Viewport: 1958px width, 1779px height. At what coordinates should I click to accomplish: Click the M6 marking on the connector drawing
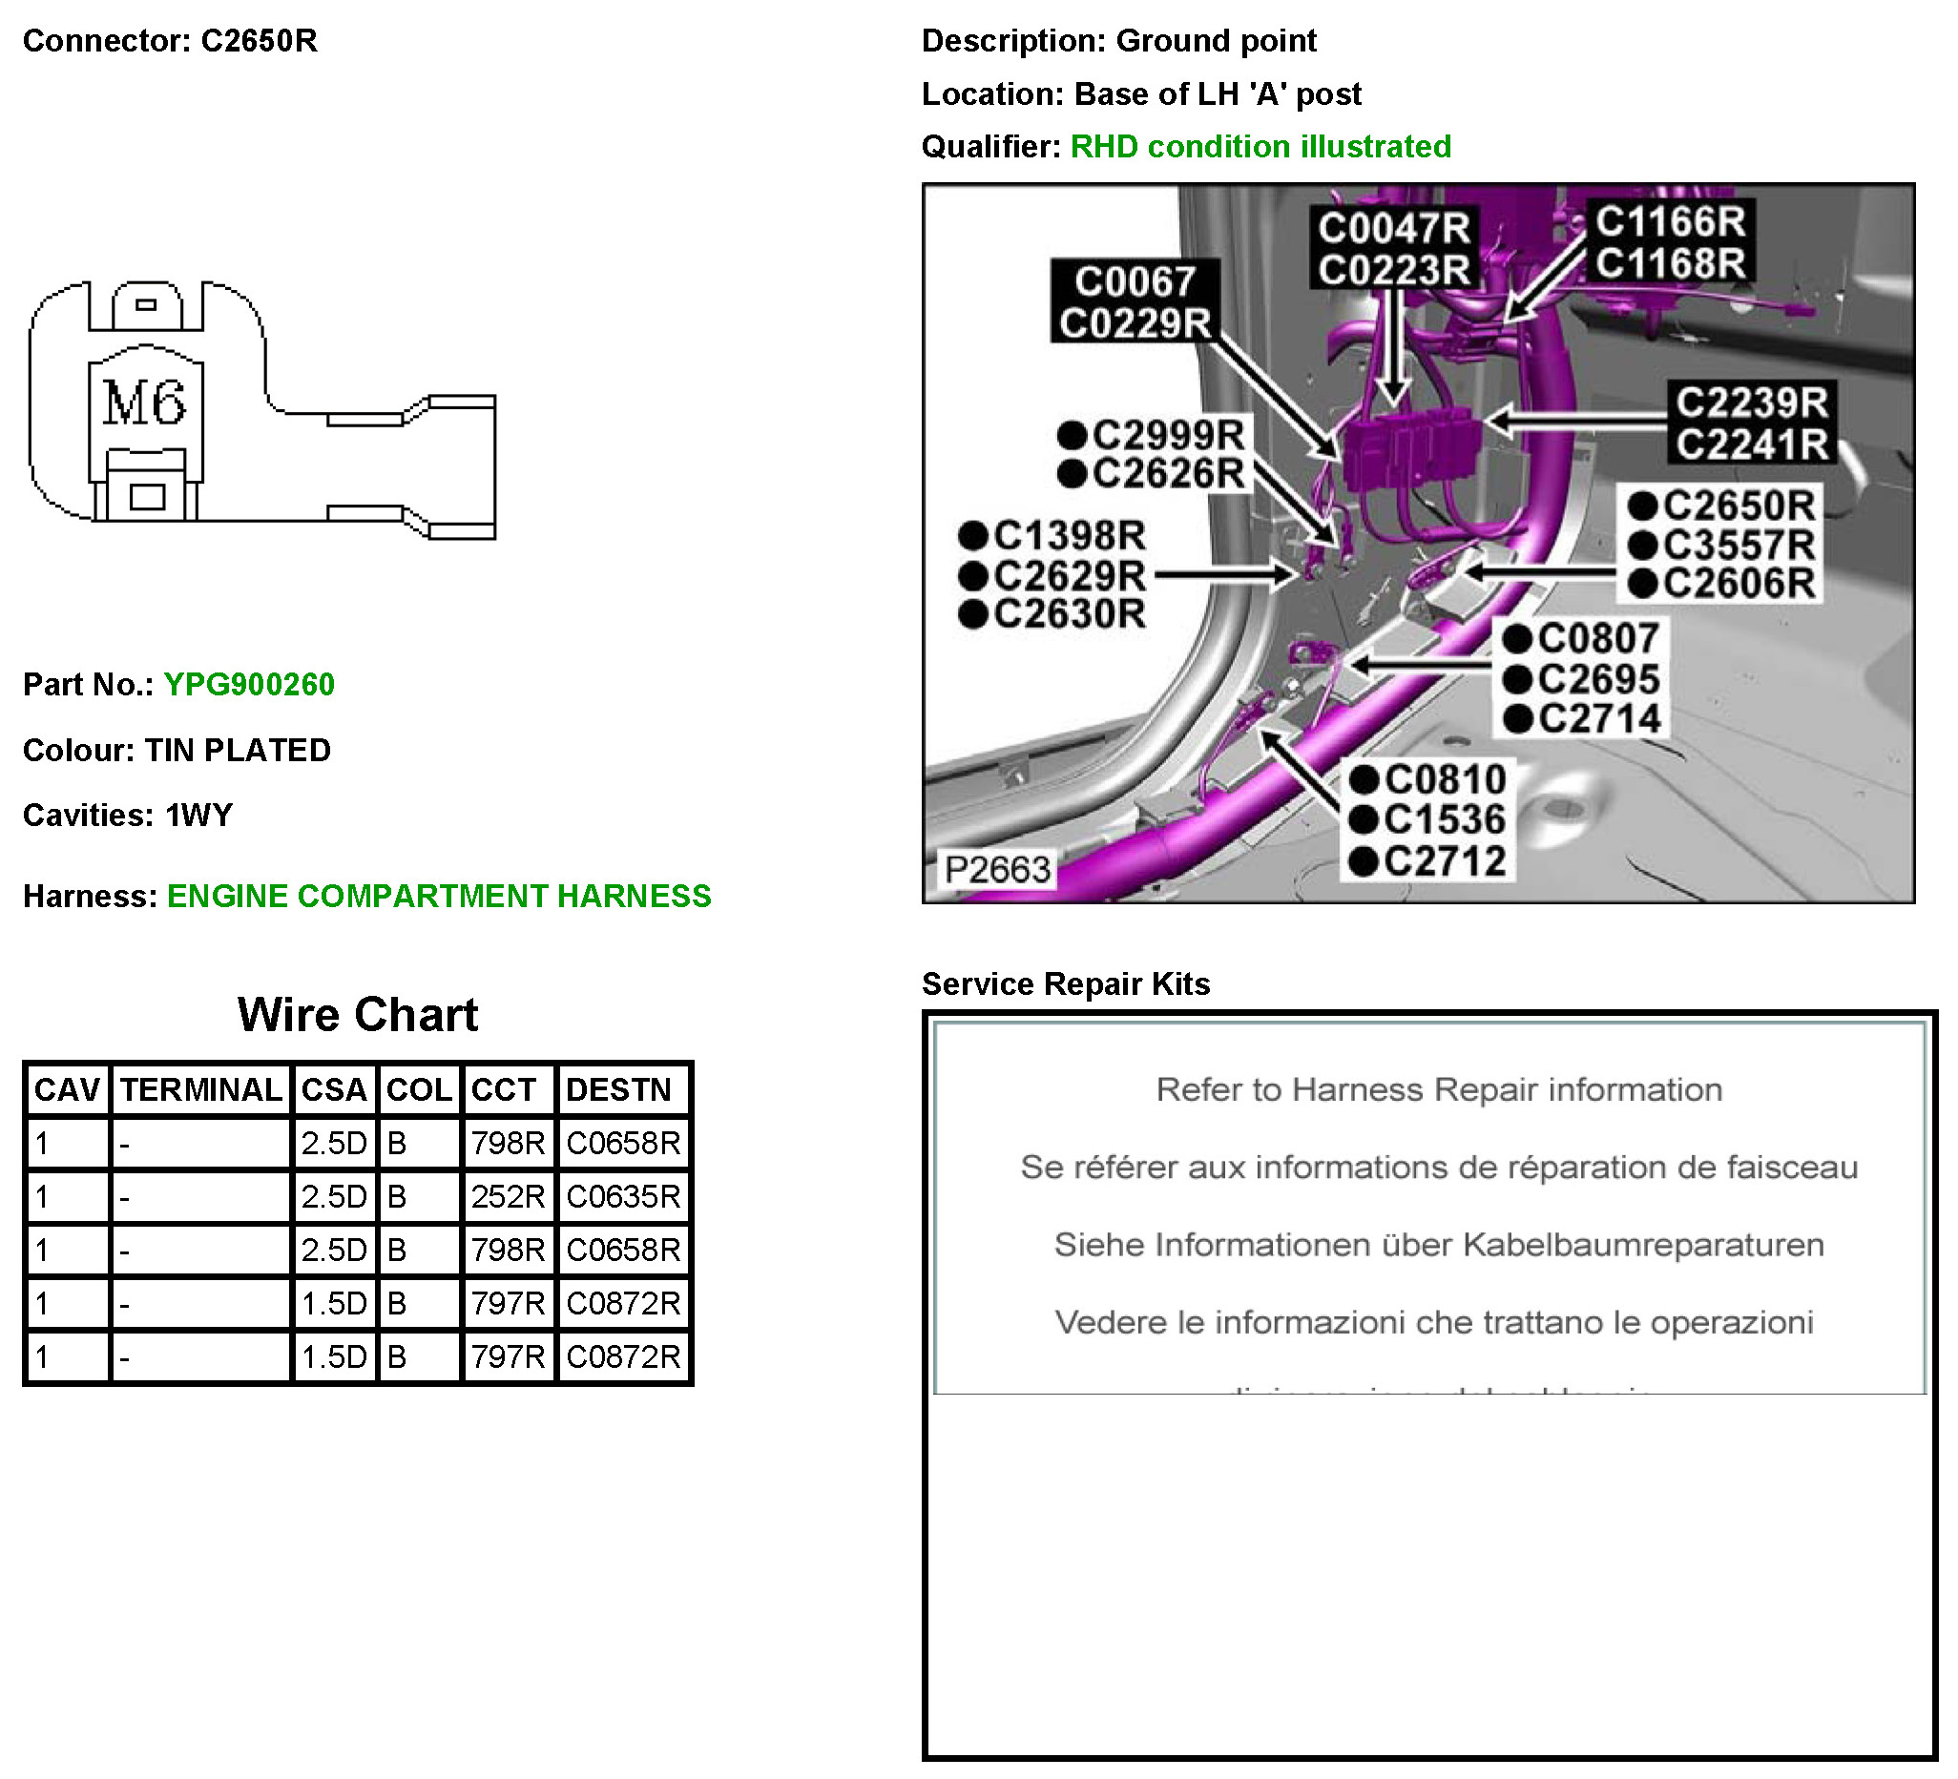[x=144, y=403]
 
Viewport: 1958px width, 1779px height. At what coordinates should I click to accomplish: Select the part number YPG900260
[x=249, y=685]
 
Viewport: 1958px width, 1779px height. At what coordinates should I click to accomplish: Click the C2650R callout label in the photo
[x=1738, y=505]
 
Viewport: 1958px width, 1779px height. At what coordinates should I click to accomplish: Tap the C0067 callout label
[x=1135, y=281]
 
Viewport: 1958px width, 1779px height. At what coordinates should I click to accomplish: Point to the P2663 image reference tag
[x=997, y=869]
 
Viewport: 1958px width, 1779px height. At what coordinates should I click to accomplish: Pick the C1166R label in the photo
[x=1670, y=221]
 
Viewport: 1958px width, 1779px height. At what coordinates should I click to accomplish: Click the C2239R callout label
[x=1751, y=402]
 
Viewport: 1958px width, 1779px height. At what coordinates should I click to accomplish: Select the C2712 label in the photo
[x=1445, y=861]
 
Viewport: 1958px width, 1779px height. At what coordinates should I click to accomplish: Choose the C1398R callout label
[x=1069, y=535]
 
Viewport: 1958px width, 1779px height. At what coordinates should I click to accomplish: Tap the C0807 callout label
[x=1597, y=638]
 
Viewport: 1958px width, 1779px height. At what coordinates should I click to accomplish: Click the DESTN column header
[x=618, y=1089]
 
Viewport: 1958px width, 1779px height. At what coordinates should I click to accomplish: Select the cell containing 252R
[x=507, y=1196]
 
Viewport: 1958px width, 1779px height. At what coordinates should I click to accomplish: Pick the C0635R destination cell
[x=623, y=1196]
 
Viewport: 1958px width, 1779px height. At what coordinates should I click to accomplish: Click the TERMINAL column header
[x=201, y=1089]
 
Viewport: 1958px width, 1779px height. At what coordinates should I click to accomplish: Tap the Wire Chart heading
[x=358, y=1015]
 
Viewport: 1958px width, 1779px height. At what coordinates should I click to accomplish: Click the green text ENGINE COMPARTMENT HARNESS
[x=439, y=896]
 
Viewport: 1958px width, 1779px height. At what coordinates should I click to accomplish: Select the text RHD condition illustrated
[x=1260, y=147]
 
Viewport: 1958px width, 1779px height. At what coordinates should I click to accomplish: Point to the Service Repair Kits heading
[x=1066, y=983]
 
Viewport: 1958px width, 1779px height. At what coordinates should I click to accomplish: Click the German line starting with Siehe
[x=1438, y=1245]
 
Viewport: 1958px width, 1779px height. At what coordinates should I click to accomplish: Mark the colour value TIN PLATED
[x=238, y=750]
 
